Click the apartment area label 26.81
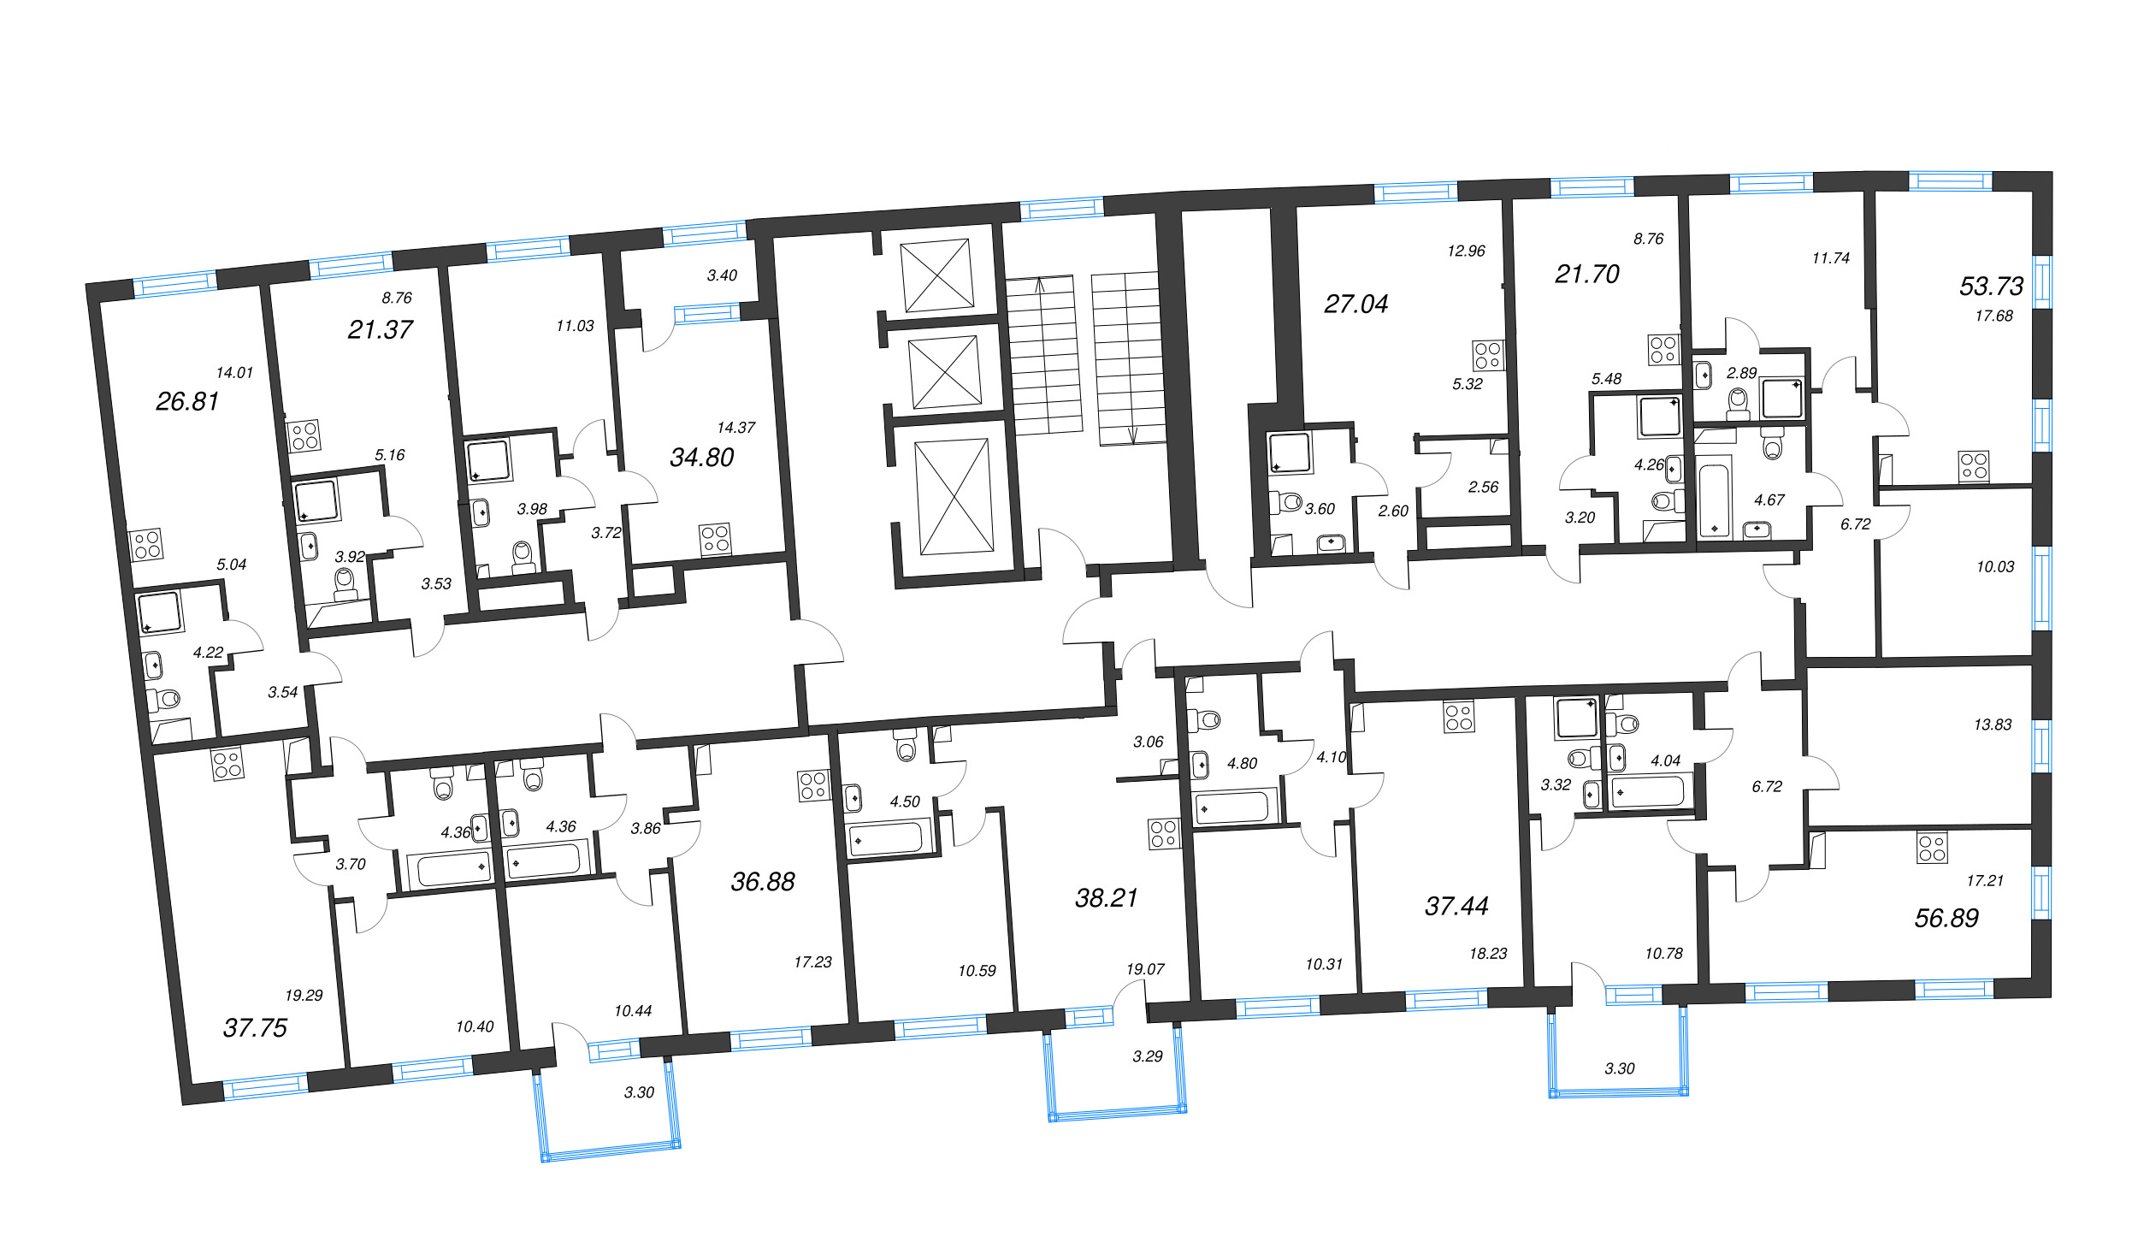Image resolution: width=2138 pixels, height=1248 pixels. coord(187,401)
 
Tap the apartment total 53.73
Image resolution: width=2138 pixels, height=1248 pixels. coord(1991,286)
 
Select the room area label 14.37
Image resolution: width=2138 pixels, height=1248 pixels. coord(735,428)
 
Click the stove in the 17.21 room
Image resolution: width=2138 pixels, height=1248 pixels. coord(1932,848)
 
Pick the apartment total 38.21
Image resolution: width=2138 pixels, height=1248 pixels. coord(1106,898)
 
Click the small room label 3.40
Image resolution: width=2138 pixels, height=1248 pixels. coord(722,275)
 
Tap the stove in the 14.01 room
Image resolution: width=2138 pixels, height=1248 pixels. coord(146,545)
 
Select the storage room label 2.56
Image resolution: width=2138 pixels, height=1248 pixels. coord(1483,488)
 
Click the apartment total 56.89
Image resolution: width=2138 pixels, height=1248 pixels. coord(1946,919)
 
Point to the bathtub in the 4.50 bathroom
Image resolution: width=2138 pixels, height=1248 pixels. coord(885,839)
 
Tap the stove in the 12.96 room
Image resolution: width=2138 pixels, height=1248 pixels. coord(1488,355)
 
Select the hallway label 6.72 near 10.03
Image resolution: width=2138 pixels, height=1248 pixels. coord(1855,524)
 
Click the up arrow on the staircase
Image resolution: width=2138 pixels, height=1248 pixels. coord(1040,284)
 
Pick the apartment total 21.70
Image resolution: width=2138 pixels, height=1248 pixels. coord(1586,274)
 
